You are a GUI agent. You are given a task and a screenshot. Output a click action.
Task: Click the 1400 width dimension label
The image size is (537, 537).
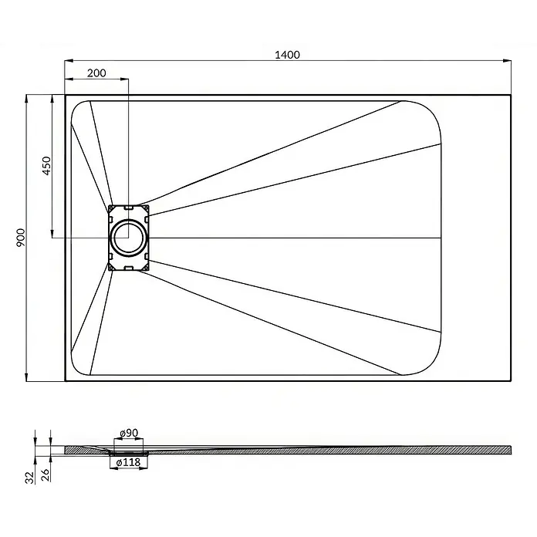point(287,55)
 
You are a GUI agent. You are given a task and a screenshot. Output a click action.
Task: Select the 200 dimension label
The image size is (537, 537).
point(96,73)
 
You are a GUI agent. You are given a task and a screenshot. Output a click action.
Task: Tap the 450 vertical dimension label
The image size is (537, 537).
point(46,166)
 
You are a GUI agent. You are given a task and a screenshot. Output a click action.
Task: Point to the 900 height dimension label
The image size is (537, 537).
point(21,238)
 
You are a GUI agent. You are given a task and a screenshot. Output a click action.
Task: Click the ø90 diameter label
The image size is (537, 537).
point(129,434)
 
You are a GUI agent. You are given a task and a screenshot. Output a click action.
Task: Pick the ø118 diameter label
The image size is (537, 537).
point(128,463)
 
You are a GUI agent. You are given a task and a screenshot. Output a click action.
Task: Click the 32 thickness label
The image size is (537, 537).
point(30,478)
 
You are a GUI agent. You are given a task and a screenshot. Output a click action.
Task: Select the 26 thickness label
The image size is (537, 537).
point(46,475)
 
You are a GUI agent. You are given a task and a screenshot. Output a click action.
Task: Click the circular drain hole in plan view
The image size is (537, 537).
point(129,238)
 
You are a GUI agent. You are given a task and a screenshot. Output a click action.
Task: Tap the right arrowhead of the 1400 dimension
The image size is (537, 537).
point(507,61)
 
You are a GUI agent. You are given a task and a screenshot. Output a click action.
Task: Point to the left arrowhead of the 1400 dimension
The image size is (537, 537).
point(69,61)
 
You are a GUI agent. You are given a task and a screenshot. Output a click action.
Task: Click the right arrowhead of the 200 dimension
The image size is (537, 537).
point(125,79)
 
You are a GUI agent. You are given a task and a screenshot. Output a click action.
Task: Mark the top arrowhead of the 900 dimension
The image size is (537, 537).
point(27,99)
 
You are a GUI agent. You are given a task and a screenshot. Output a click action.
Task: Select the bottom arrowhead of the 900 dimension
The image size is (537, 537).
point(27,377)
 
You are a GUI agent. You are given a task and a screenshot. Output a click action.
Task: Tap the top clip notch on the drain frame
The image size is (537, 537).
point(129,208)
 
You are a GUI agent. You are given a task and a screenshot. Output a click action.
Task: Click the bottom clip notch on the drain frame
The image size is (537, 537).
point(129,268)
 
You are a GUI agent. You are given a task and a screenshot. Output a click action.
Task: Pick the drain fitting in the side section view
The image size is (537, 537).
point(129,454)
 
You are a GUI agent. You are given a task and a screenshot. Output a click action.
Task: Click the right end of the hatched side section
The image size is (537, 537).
point(511,450)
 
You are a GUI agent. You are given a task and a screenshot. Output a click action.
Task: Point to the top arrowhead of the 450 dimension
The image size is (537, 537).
point(52,99)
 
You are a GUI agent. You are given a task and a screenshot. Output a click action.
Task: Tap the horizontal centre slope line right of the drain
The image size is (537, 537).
point(295,238)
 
